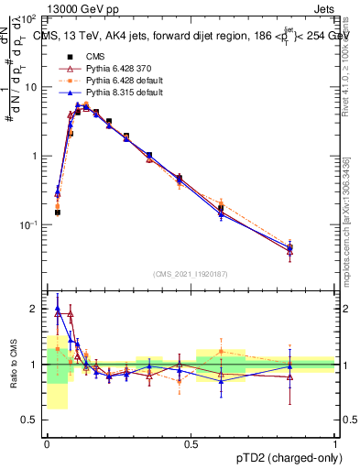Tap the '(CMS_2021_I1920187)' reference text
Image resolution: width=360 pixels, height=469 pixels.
[191, 275]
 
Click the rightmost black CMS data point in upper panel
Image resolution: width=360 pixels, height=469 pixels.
[289, 247]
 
